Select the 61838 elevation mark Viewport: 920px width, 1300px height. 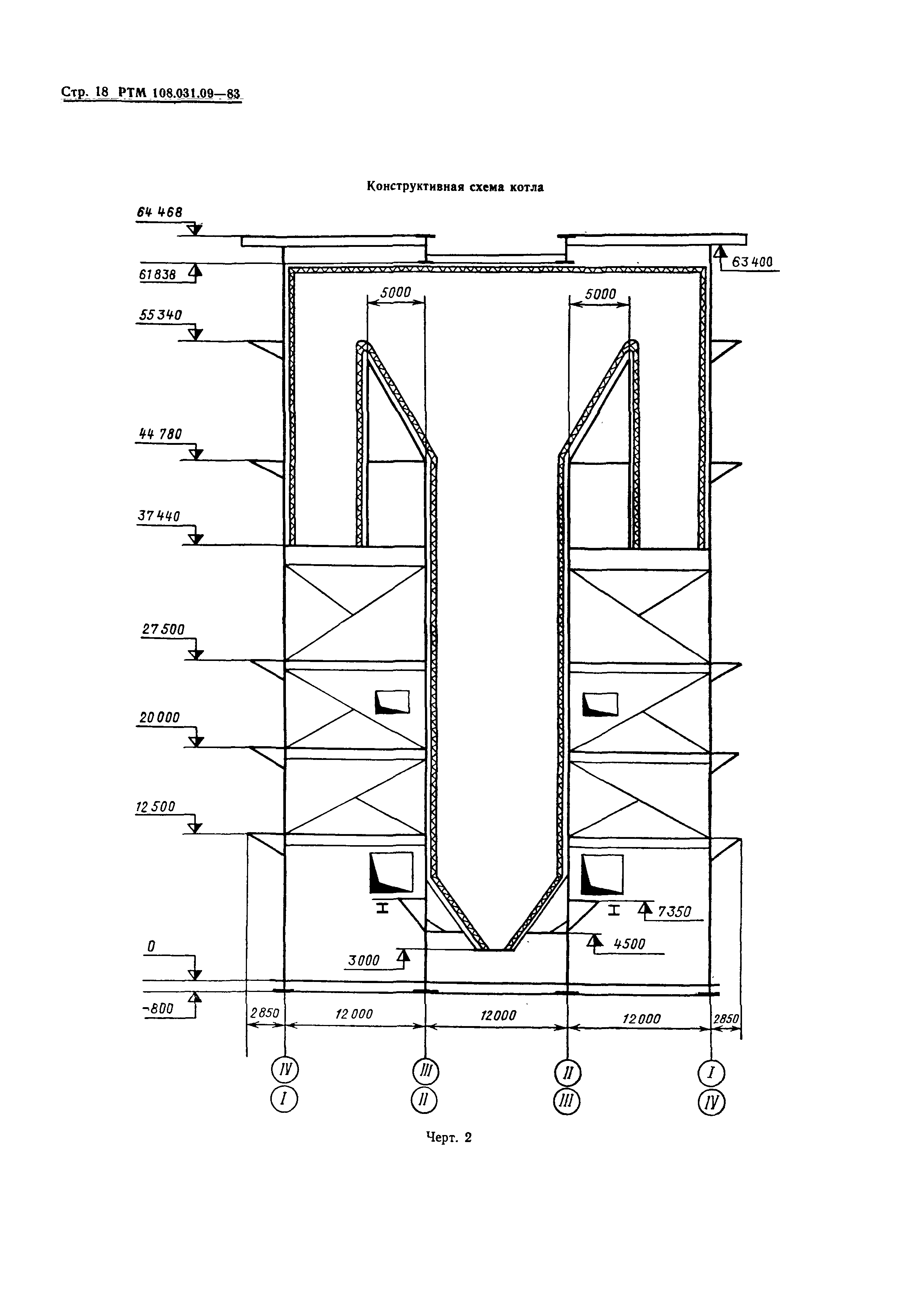pos(156,275)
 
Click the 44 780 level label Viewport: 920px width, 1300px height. pos(160,434)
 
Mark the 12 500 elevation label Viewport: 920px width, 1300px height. pos(155,806)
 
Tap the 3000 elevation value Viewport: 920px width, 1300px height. pos(364,960)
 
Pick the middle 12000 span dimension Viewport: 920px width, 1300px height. pos(498,1016)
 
